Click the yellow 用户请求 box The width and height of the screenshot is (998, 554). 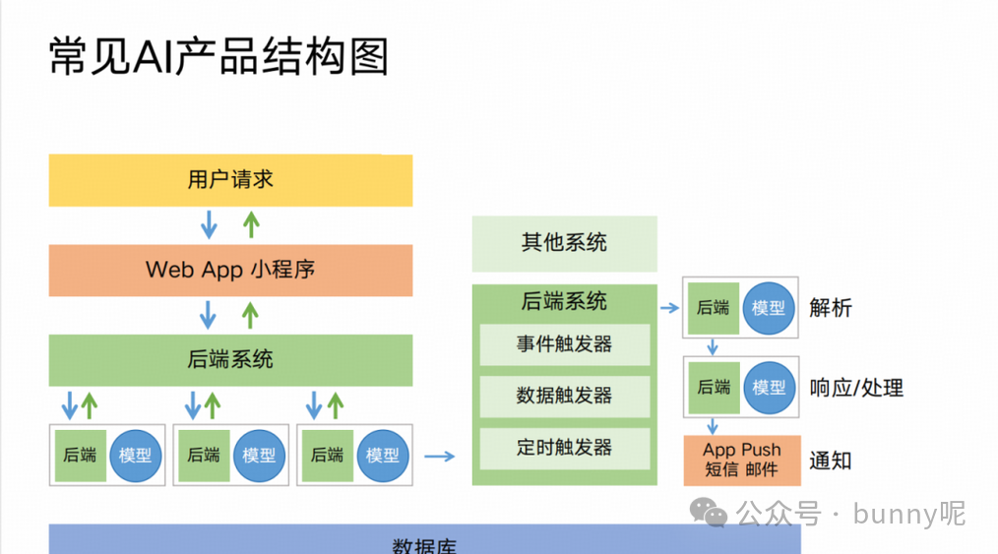230,180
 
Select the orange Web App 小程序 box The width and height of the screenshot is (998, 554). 230,270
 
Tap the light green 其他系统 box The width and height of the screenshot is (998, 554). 564,243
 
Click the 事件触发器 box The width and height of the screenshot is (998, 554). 564,344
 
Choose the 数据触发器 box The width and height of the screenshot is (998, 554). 564,396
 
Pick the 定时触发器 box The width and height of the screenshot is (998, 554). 564,448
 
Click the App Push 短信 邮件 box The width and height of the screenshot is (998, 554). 741,460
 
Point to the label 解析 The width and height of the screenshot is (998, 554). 830,308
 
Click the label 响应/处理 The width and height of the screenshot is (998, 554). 855,388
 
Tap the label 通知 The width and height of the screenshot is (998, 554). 830,460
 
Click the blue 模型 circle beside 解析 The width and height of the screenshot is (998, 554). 769,307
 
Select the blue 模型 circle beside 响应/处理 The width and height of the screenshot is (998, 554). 769,387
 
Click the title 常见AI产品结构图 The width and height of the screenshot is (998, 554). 218,56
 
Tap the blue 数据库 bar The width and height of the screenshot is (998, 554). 424,541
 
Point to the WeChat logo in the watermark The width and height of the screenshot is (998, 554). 709,513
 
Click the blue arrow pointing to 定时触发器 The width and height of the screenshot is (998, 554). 440,456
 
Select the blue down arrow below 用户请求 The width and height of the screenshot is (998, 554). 209,225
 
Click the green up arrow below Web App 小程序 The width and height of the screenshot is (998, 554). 251,315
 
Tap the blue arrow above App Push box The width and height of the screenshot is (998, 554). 713,426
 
